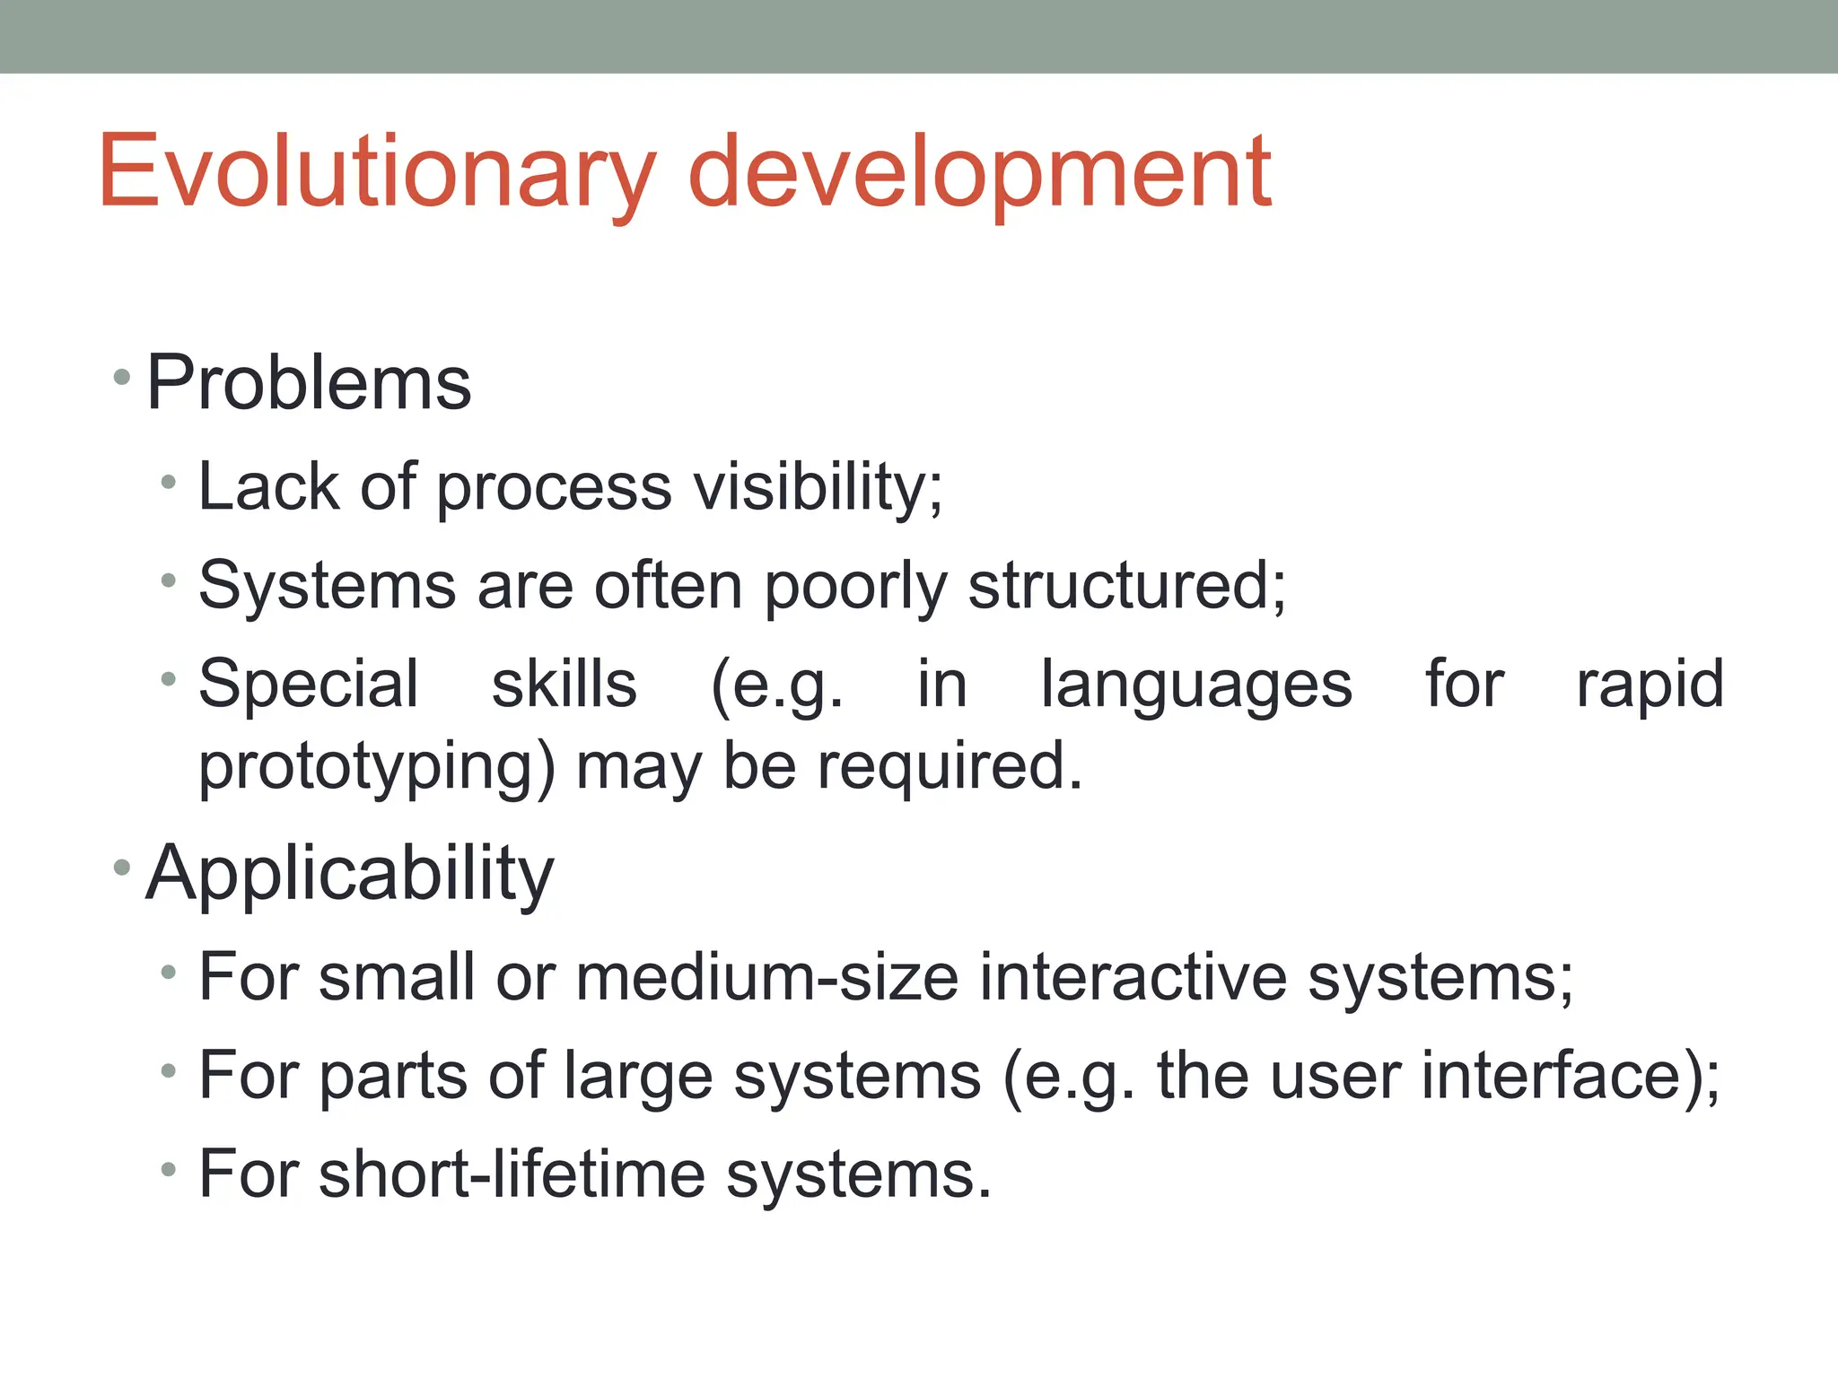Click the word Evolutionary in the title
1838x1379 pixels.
pos(377,173)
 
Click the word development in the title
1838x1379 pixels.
pos(978,173)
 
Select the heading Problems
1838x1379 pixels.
pos(308,383)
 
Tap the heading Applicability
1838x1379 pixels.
pos(349,873)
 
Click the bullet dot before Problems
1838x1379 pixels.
pos(123,379)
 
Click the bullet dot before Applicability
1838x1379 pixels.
pos(123,868)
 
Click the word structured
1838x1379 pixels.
pos(1126,586)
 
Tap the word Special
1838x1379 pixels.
pos(308,685)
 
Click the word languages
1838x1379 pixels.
pos(1195,685)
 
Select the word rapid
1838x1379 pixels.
pos(1650,685)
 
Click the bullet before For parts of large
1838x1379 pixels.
pos(168,1070)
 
